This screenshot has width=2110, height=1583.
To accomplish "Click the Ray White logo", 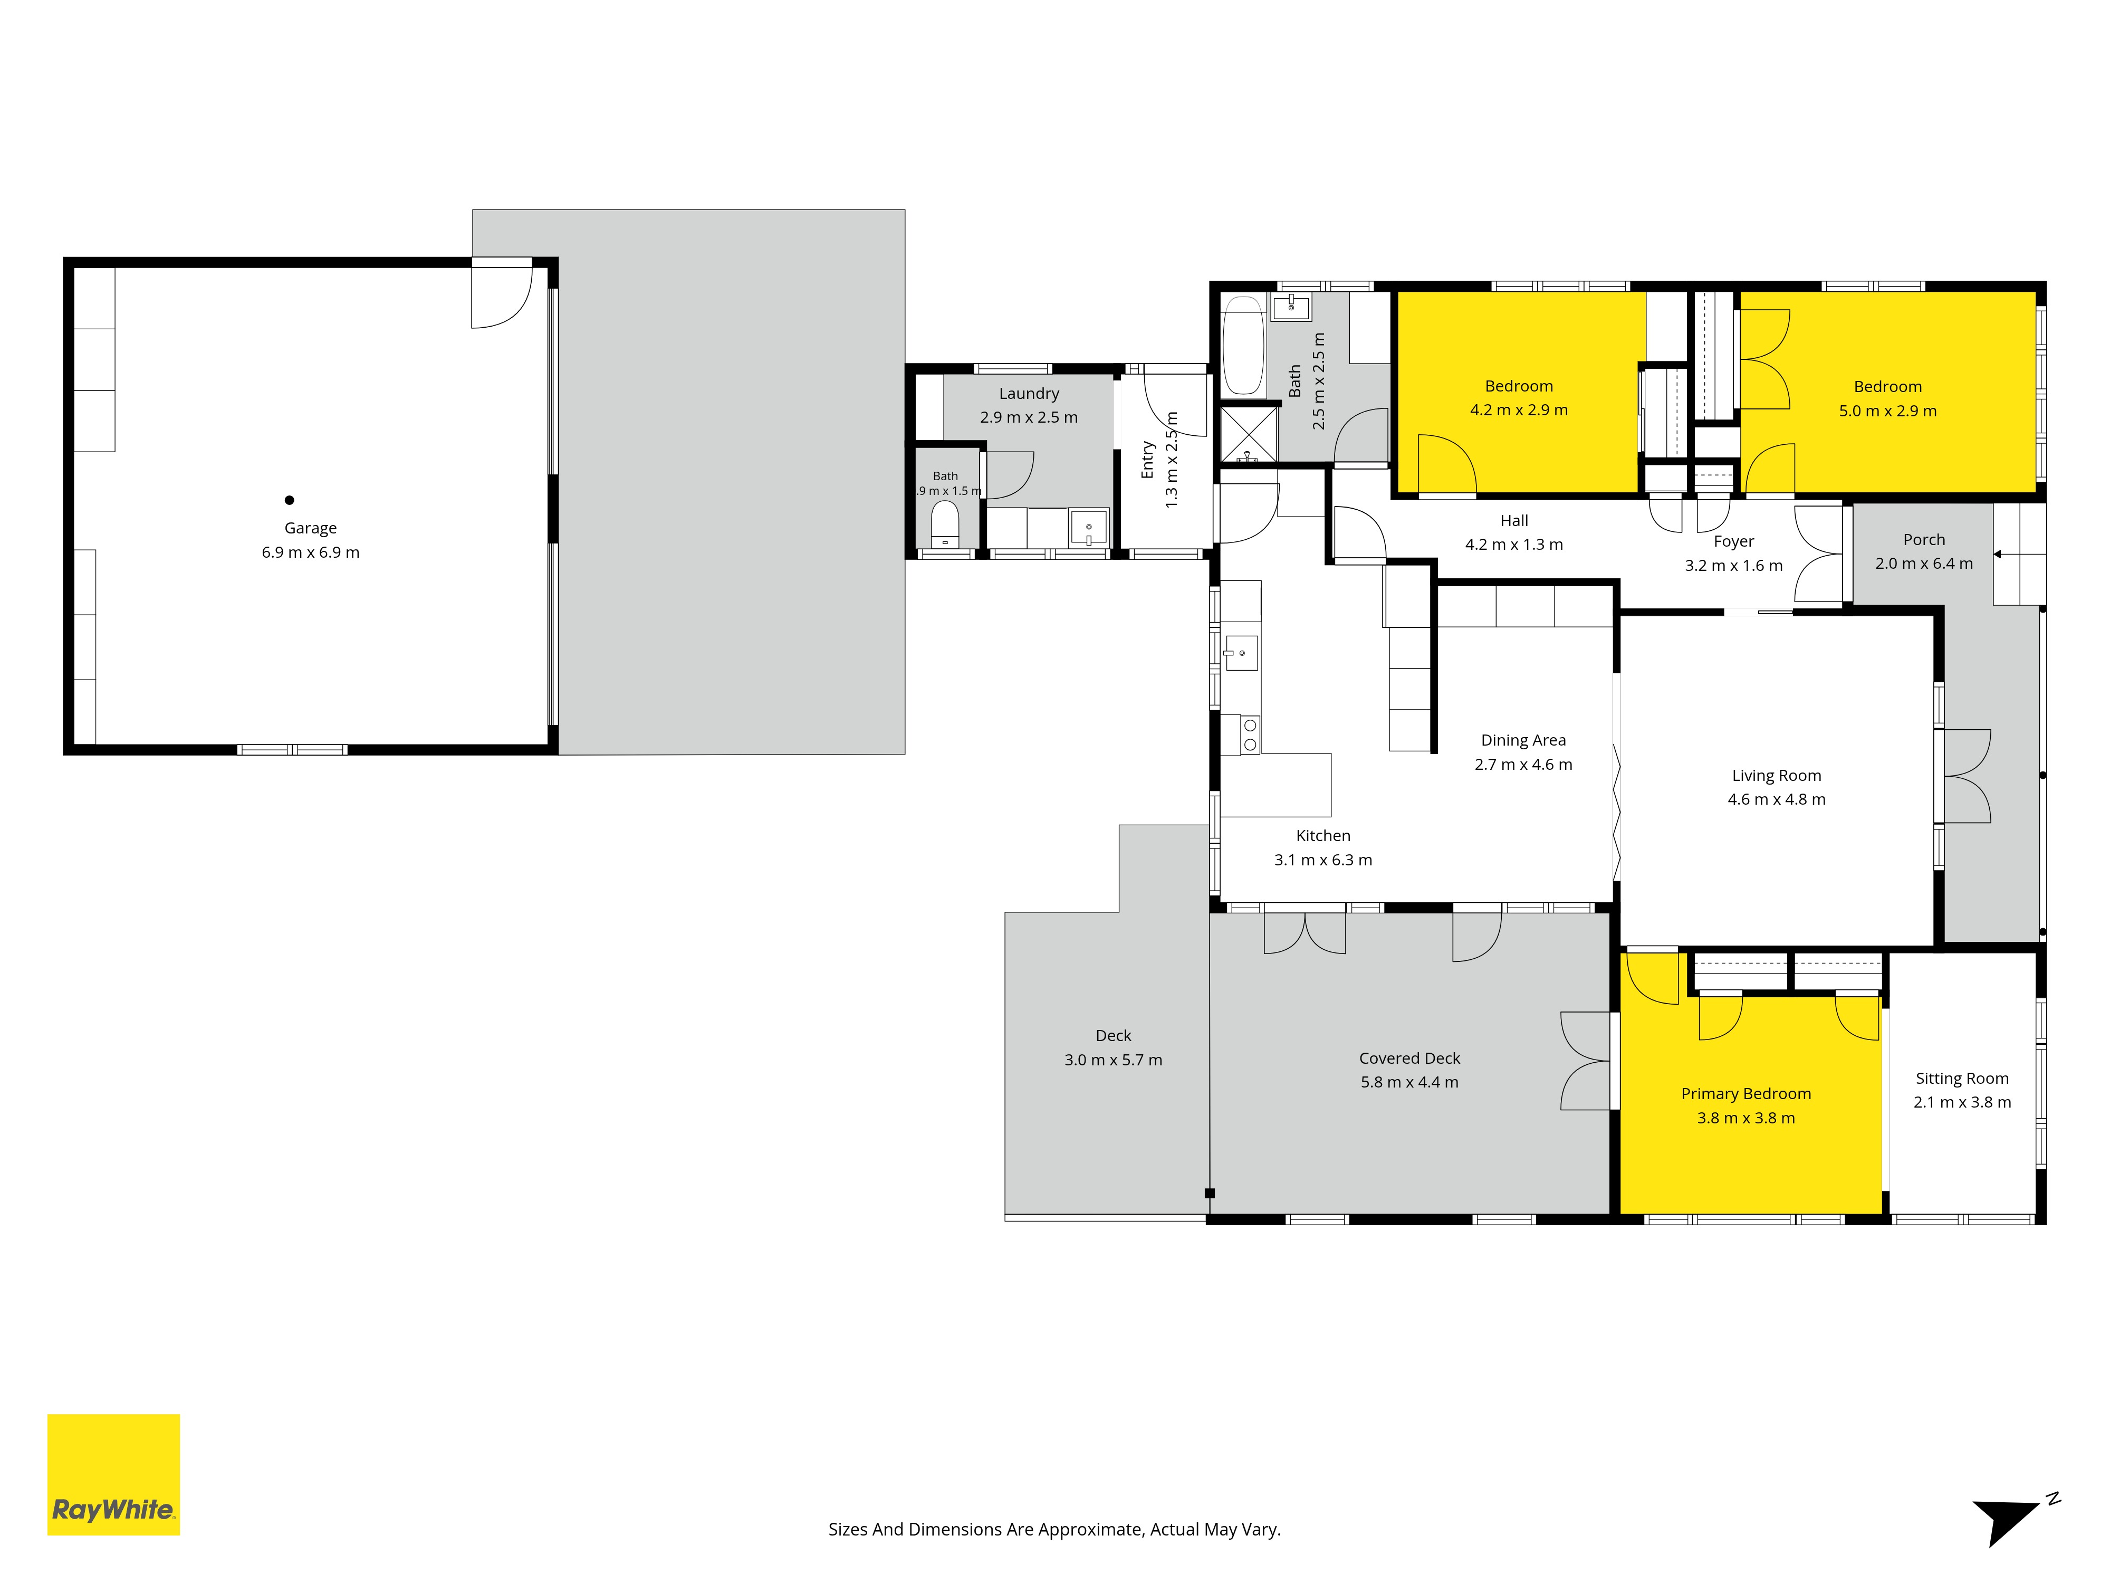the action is [113, 1474].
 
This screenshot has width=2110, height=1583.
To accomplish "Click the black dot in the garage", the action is [289, 500].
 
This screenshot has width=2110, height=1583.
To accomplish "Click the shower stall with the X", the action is [1249, 434].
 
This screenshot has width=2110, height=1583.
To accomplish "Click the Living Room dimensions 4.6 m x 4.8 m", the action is [1776, 799].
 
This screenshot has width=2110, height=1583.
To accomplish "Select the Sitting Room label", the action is [1962, 1078].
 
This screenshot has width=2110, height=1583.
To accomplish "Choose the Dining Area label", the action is [1523, 740].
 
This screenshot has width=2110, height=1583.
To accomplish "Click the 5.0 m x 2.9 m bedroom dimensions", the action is [1888, 411].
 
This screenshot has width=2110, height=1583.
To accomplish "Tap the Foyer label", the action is [1733, 541].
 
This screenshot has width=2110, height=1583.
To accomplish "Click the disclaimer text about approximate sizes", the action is [1054, 1530].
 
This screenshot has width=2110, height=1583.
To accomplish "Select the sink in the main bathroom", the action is [1291, 306].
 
